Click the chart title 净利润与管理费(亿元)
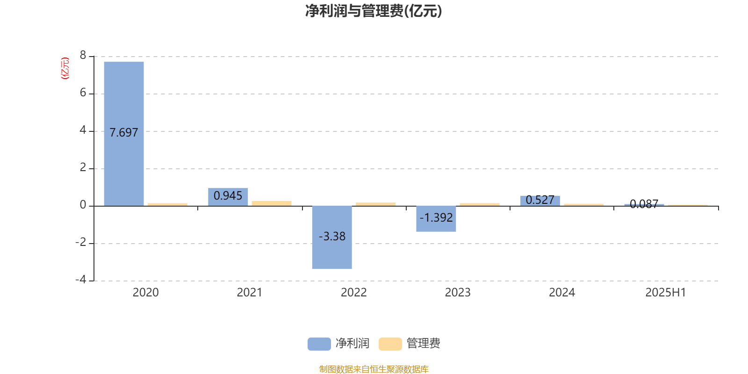374,11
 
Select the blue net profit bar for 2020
124,134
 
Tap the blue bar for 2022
332,237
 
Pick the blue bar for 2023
436,219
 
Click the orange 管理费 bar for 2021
272,203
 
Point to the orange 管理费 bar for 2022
376,204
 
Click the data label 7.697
124,133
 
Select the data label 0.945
228,196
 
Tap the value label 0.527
540,200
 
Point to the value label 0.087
644,204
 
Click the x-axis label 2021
250,293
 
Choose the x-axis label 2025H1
666,293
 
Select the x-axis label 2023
458,293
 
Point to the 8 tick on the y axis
83,55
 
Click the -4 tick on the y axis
81,280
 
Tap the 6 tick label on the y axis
83,93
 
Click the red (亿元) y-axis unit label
65,68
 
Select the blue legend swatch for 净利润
319,344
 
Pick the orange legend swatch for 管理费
390,344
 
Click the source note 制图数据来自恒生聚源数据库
374,369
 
